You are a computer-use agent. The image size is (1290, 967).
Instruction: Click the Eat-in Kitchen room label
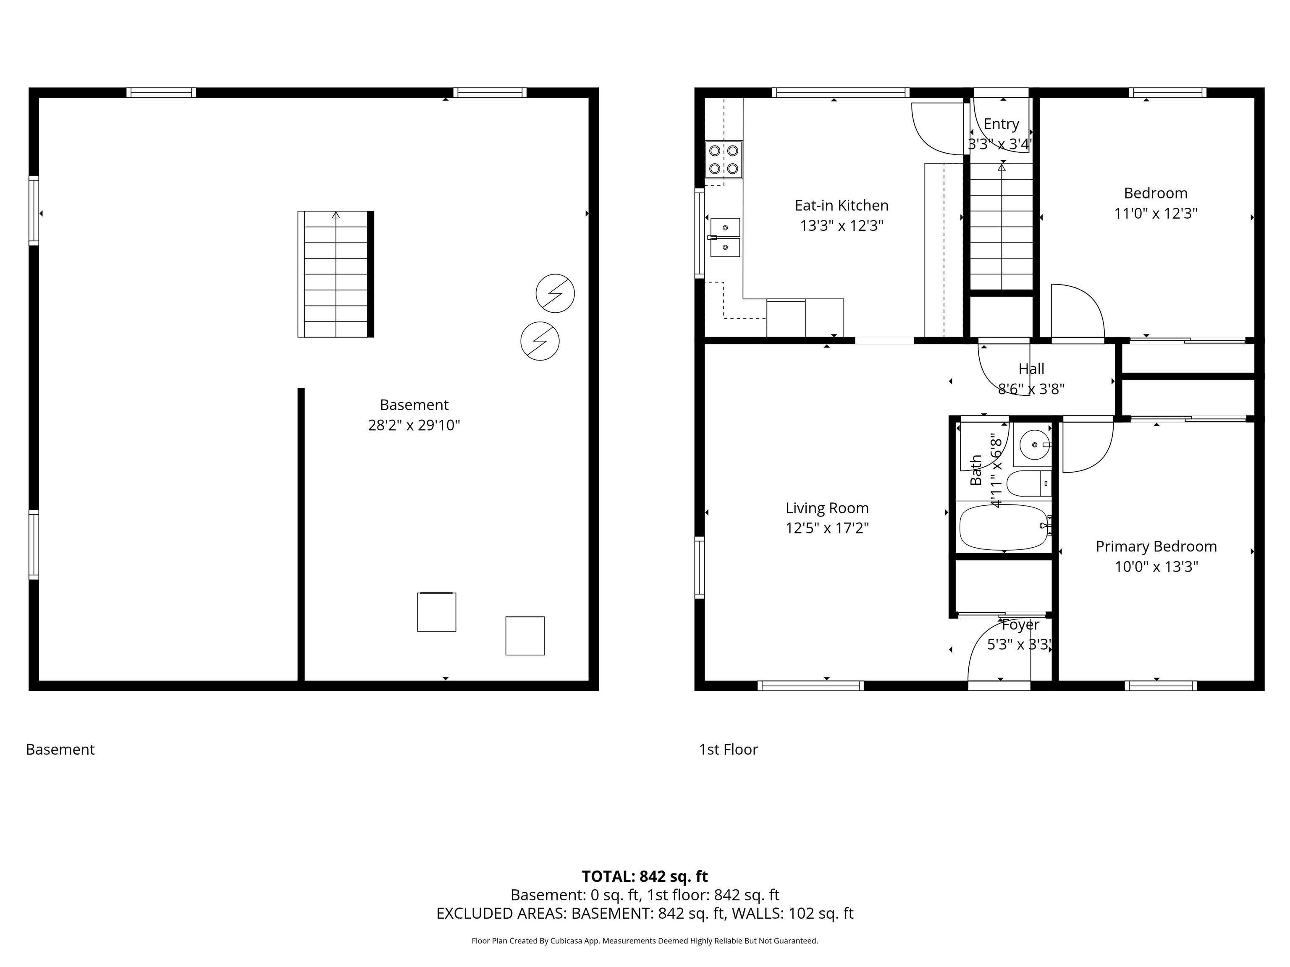click(842, 205)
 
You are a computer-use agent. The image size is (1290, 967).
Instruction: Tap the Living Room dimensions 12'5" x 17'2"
click(827, 528)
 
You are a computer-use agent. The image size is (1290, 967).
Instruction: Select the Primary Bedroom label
click(1156, 547)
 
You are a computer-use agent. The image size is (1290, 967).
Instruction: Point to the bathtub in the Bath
click(1004, 528)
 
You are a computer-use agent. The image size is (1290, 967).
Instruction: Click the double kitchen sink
click(724, 237)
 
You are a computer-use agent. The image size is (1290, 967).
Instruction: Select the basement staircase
click(336, 274)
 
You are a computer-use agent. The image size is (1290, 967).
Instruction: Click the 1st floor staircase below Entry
click(1002, 227)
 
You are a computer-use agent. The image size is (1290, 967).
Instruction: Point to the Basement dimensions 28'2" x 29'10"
click(414, 426)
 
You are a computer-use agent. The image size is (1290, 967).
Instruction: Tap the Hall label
click(1031, 369)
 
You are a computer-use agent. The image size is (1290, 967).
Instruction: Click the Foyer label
click(1020, 625)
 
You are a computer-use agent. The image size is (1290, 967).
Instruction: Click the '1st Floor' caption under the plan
click(729, 750)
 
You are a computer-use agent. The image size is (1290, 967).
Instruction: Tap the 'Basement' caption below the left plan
click(60, 750)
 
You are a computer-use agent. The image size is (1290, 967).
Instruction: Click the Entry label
click(1002, 124)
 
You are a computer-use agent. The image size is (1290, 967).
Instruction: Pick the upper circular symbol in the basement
click(555, 293)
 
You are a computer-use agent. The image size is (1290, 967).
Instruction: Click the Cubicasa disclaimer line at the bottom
click(645, 941)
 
